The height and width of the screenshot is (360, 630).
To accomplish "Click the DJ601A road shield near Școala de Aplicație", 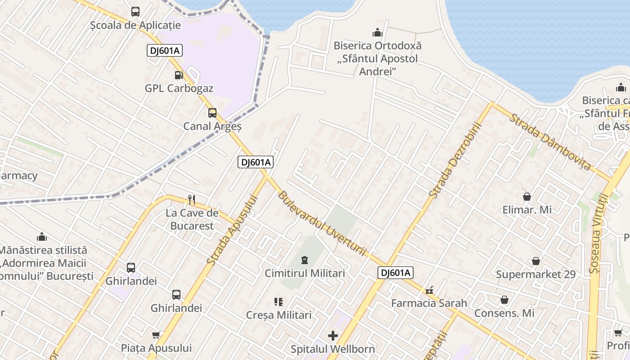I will click(164, 51).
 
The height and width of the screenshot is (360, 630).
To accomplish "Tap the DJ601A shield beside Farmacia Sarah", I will click(395, 273).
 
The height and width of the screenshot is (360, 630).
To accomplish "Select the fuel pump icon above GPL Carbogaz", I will click(179, 75).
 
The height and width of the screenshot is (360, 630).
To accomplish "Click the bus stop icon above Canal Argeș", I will click(212, 113).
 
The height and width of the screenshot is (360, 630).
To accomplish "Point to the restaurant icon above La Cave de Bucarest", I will click(192, 199).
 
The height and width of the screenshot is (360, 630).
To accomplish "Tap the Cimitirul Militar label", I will click(305, 273).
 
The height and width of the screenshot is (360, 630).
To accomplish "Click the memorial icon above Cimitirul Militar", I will click(305, 260).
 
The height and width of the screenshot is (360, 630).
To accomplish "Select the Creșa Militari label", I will click(279, 315).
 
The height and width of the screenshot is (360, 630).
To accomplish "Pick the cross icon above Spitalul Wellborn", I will click(333, 336).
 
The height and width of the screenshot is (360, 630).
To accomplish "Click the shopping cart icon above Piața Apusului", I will click(156, 335).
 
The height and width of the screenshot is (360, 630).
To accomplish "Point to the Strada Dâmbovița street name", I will click(549, 142).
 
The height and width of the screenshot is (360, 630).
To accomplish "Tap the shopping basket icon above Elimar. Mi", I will click(526, 197).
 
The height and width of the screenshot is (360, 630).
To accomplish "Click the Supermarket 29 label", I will click(535, 274).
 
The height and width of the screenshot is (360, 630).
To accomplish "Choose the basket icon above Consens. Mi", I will click(504, 300).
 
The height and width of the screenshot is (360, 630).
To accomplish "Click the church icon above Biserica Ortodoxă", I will click(377, 32).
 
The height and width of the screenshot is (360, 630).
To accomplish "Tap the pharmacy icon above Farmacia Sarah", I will click(429, 290).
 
